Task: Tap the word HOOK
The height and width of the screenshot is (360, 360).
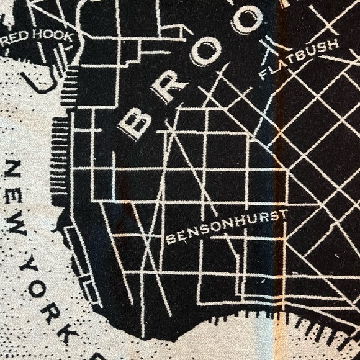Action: coord(57,37)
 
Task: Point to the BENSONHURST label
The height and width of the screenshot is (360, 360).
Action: coord(227,227)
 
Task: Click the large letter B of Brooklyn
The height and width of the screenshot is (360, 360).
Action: coord(134,123)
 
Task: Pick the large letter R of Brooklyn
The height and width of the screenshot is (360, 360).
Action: coord(167,89)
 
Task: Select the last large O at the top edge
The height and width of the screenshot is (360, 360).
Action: coord(246,19)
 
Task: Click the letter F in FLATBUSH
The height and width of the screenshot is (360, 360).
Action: coord(263,76)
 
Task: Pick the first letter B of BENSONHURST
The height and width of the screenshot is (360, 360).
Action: coord(170,240)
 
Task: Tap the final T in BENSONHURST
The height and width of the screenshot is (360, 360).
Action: coord(284,214)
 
